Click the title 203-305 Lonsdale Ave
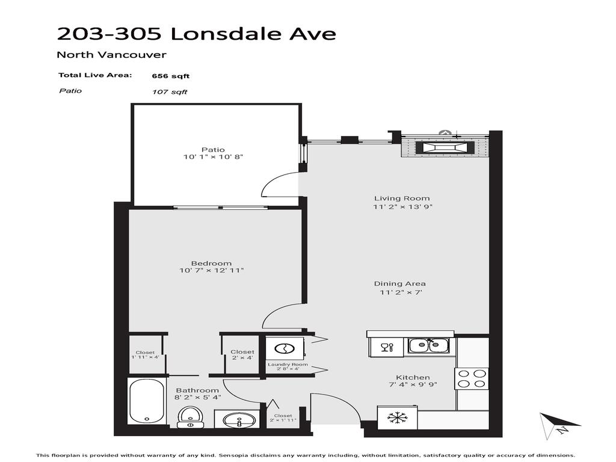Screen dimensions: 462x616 pyautogui.click(x=196, y=34)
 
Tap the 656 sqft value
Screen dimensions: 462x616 pyautogui.click(x=171, y=76)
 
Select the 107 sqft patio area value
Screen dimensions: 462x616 pyautogui.click(x=170, y=92)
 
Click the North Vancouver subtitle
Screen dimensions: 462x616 pyautogui.click(x=111, y=55)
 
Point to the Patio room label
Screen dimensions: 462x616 pyautogui.click(x=213, y=150)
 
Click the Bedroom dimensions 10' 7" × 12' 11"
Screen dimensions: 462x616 pyautogui.click(x=211, y=271)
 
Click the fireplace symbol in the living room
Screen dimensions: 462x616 pyautogui.click(x=442, y=148)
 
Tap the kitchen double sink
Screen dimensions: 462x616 pyautogui.click(x=428, y=345)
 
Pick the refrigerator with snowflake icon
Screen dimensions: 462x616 pyautogui.click(x=396, y=417)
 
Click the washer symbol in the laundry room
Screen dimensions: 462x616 pyautogui.click(x=284, y=348)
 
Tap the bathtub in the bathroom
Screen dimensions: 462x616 pyautogui.click(x=146, y=401)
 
